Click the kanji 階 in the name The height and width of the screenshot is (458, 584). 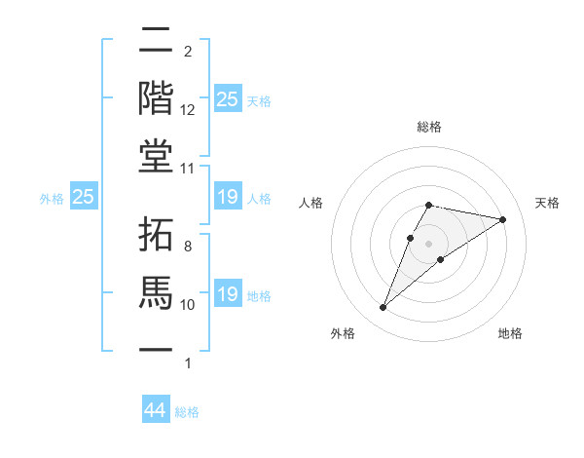click(157, 97)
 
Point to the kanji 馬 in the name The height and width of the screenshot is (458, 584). click(157, 290)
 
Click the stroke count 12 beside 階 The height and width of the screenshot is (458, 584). click(188, 110)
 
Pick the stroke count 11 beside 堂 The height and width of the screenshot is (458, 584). click(188, 168)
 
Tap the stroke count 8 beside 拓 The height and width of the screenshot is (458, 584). click(187, 247)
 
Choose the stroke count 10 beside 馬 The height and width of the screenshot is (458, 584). click(188, 305)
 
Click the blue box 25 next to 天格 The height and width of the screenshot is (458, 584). click(227, 98)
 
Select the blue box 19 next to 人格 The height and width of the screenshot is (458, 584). click(227, 198)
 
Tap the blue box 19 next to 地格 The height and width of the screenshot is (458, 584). click(227, 294)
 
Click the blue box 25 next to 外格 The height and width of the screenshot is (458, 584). click(84, 197)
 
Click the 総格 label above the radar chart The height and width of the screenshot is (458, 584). click(429, 127)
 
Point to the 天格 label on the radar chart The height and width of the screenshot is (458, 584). click(548, 203)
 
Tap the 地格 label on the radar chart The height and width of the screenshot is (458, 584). click(510, 333)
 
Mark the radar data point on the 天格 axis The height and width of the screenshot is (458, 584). click(502, 219)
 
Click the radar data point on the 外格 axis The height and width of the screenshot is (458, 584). click(383, 308)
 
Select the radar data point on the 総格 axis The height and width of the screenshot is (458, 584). click(429, 205)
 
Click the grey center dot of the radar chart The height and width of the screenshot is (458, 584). click(429, 243)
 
